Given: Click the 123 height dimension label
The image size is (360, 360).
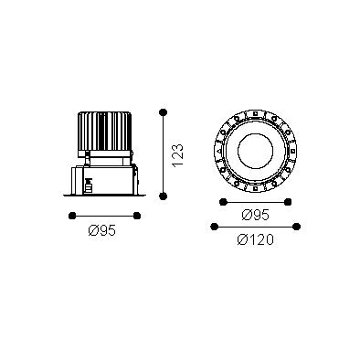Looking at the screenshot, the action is coord(177,155).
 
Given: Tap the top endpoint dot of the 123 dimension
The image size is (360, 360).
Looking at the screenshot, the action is coord(164,112).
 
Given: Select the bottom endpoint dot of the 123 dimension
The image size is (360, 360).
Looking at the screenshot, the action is coord(164,196).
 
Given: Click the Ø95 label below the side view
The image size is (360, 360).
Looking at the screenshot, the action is coord(102,230).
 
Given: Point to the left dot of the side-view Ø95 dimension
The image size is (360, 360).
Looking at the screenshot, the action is coord(72,216).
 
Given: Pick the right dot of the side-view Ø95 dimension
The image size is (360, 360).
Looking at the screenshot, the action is coord(137,216).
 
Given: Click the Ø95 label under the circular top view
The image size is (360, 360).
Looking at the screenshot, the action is coord(256,216).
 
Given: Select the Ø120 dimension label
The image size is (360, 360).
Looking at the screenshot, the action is coord(256,239).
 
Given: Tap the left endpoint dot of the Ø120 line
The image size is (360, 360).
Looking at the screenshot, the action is coord(215,227).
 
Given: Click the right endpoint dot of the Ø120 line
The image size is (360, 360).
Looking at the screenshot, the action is coord(296,227).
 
